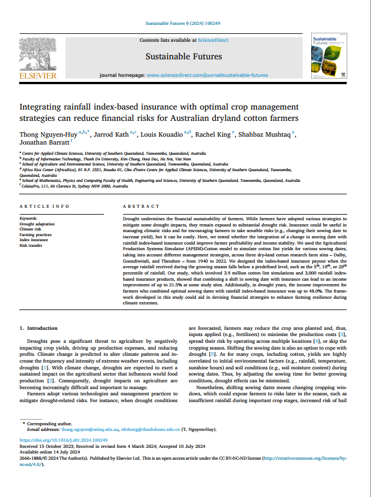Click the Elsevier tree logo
coord(38,54)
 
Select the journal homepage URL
coord(207,75)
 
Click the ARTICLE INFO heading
coord(45,206)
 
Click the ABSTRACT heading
coord(138,206)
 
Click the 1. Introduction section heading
coord(38,328)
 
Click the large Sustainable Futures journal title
coord(184,56)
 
